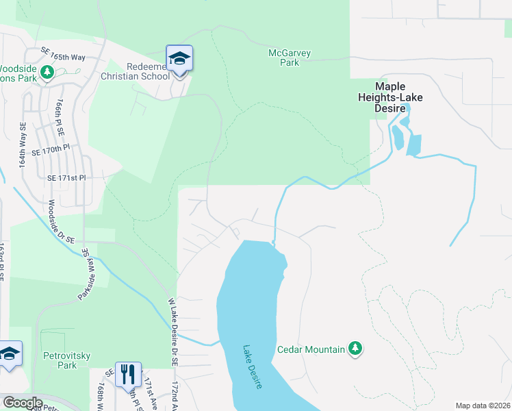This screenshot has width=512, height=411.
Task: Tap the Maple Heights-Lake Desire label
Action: pos(399,92)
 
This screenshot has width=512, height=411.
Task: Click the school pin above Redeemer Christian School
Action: pos(179,58)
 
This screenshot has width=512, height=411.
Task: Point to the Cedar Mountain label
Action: pos(311,349)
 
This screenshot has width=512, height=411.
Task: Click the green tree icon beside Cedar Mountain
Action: pos(355,349)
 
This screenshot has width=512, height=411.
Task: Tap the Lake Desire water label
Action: pos(252,366)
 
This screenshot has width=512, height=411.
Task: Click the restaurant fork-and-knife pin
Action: pos(128,375)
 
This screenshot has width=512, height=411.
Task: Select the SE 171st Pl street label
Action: pos(67,177)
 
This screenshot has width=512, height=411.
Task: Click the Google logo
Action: pos(23,403)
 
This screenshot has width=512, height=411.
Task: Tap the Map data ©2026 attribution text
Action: pos(482,406)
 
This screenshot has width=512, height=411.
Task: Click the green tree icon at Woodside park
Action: pos(47,72)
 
